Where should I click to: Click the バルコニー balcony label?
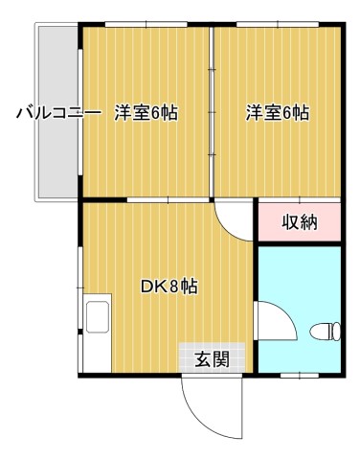tap(59, 113)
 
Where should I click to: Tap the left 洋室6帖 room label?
tap(146, 113)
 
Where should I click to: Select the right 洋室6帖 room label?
tap(278, 113)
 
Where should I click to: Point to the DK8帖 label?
tap(169, 287)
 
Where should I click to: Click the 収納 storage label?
tap(300, 222)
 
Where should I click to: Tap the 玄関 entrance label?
tap(213, 359)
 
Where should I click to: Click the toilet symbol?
tap(326, 332)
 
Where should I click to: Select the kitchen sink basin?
tap(98, 316)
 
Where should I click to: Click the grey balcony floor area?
tap(58, 112)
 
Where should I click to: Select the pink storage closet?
tap(300, 221)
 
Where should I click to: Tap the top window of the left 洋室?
tap(146, 24)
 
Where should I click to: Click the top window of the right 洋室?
tap(278, 24)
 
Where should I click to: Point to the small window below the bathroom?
tap(300, 376)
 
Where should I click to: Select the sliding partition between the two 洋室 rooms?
tap(212, 112)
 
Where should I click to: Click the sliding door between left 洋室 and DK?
tap(169, 200)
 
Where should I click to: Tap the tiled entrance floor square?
tap(212, 357)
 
